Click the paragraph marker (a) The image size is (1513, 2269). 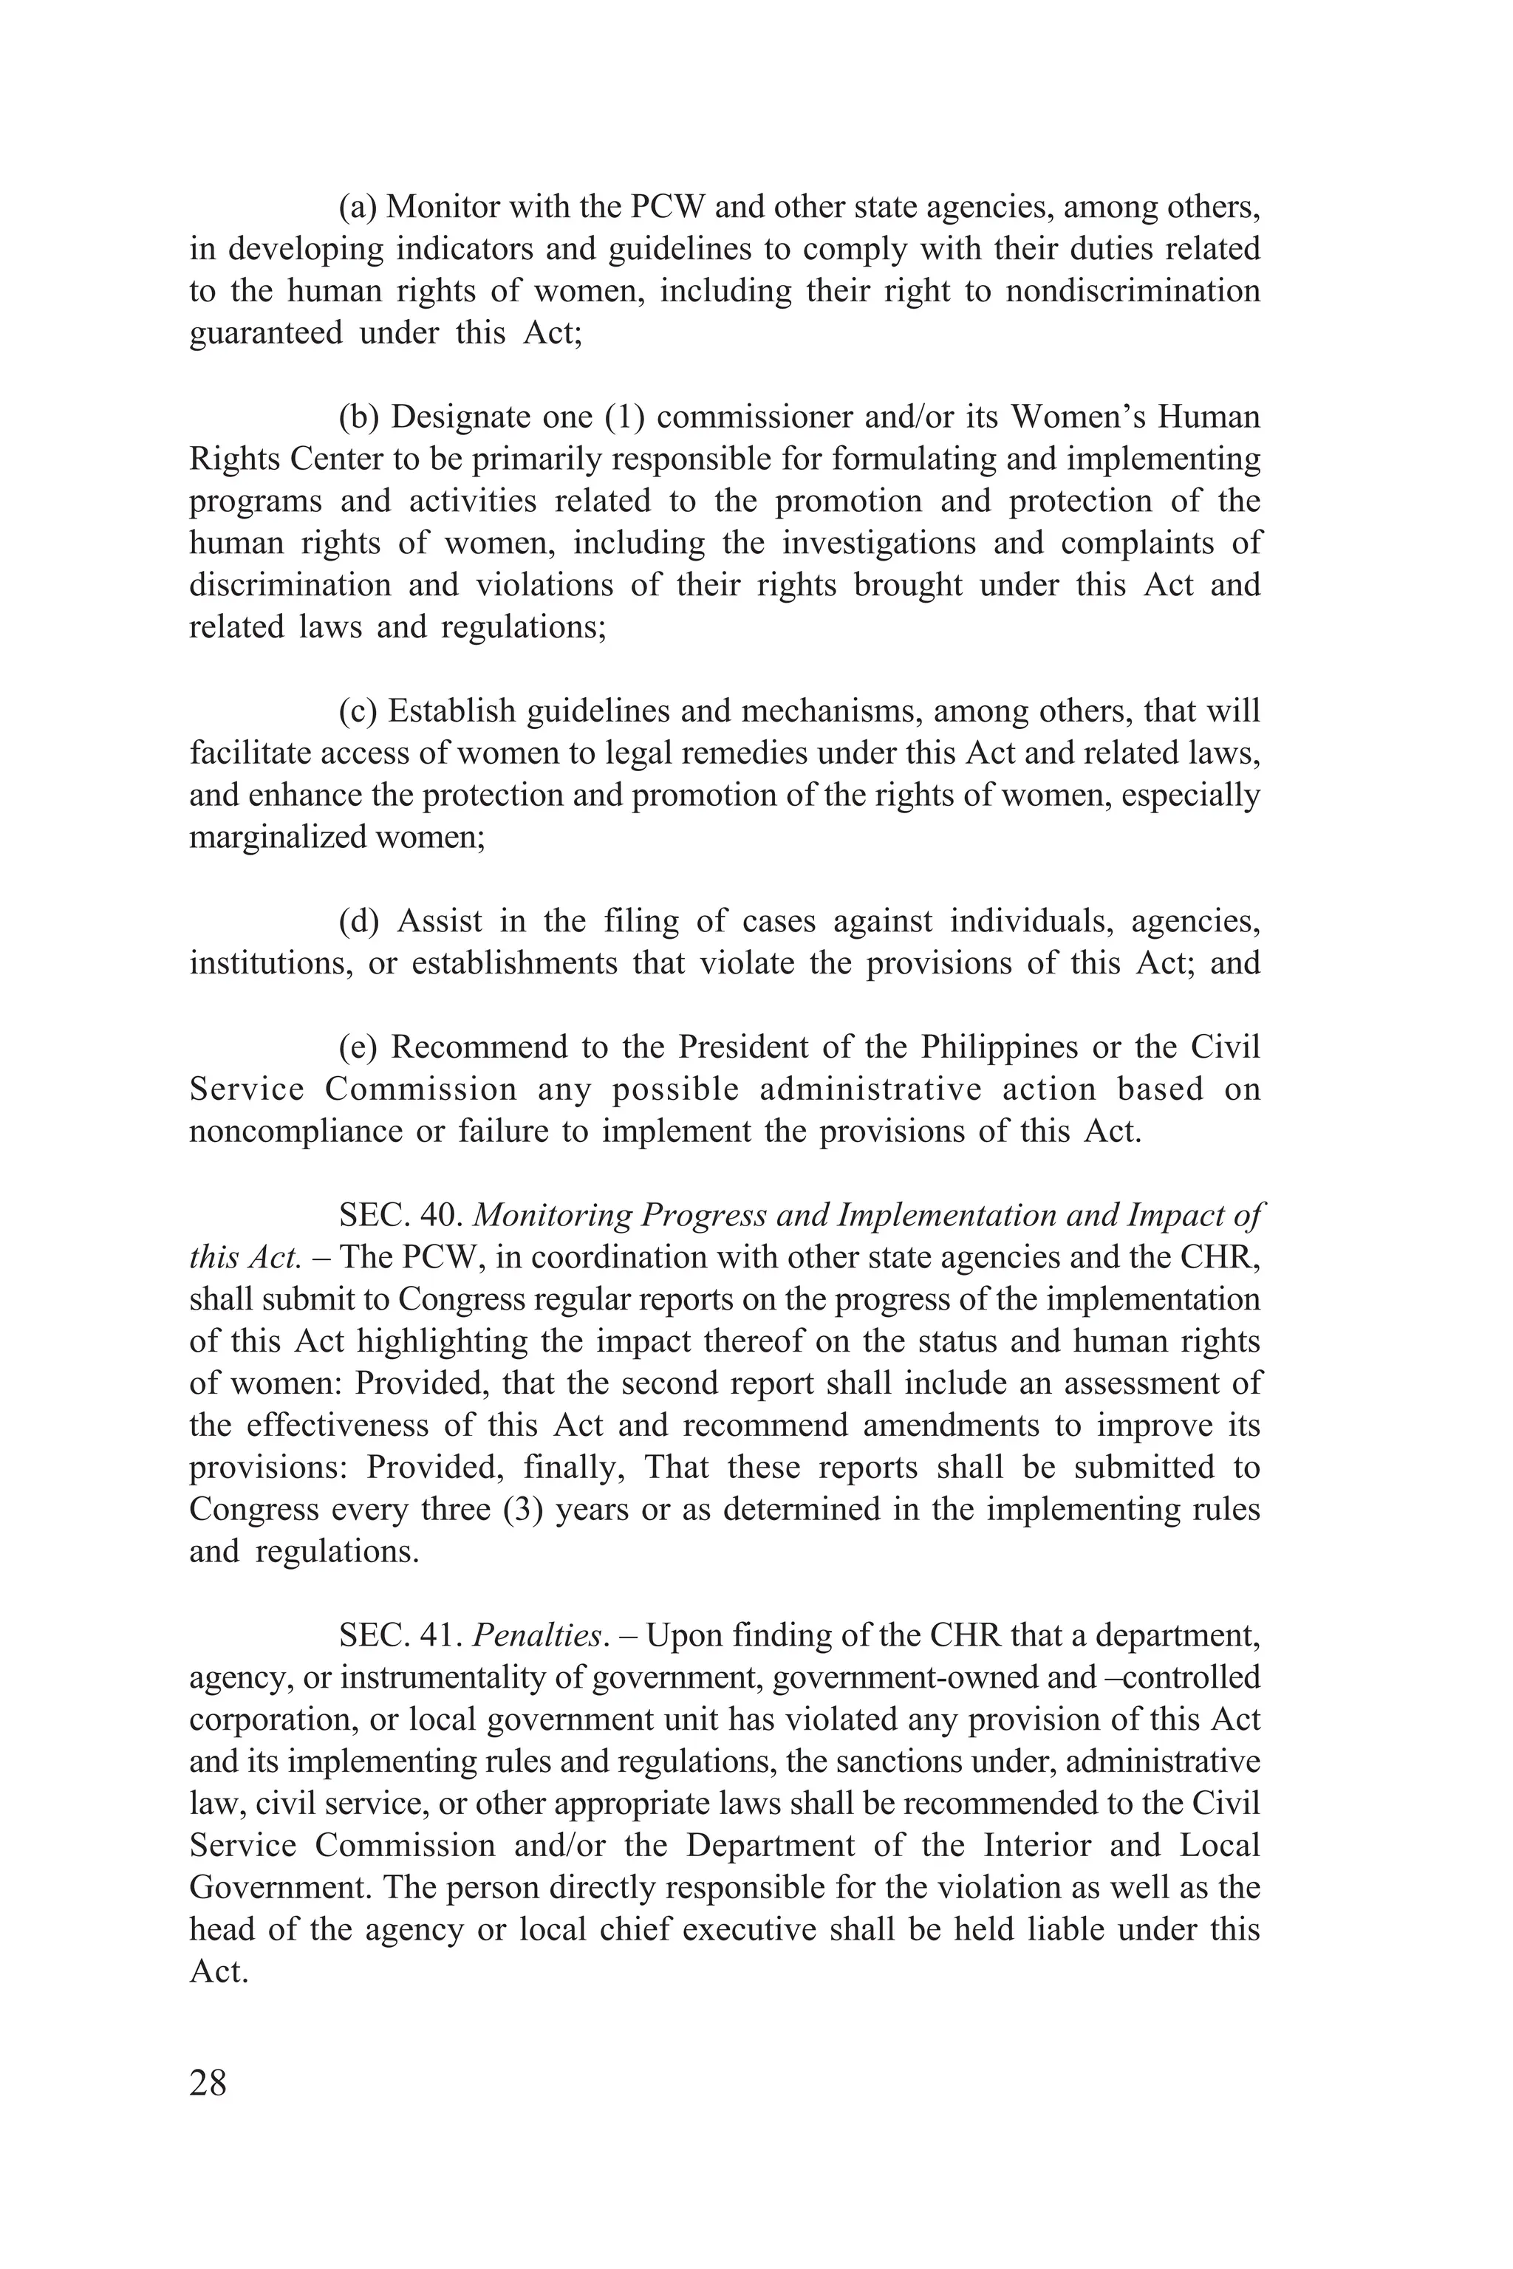click(359, 208)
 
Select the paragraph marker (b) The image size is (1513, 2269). click(360, 417)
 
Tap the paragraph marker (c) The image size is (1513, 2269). click(359, 711)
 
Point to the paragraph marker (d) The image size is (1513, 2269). click(360, 921)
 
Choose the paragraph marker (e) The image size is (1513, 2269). click(359, 1047)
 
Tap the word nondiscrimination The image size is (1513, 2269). click(1132, 291)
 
